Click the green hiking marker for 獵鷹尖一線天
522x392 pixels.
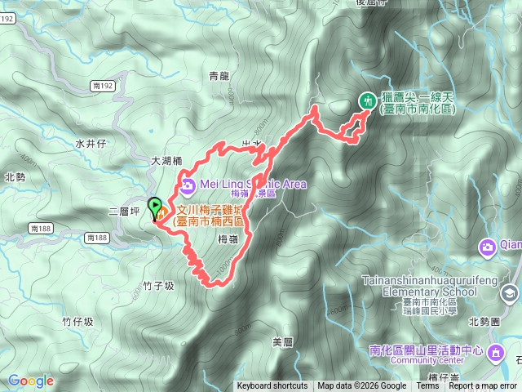point(368,100)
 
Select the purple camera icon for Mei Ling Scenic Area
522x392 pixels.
point(188,185)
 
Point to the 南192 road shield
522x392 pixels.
point(102,84)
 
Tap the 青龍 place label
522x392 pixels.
point(219,77)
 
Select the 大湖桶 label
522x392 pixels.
point(166,162)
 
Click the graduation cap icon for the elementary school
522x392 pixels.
point(510,292)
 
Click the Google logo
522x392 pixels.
point(31,381)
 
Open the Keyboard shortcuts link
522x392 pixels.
point(272,386)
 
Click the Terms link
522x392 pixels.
point(428,386)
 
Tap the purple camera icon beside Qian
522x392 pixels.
point(488,247)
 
